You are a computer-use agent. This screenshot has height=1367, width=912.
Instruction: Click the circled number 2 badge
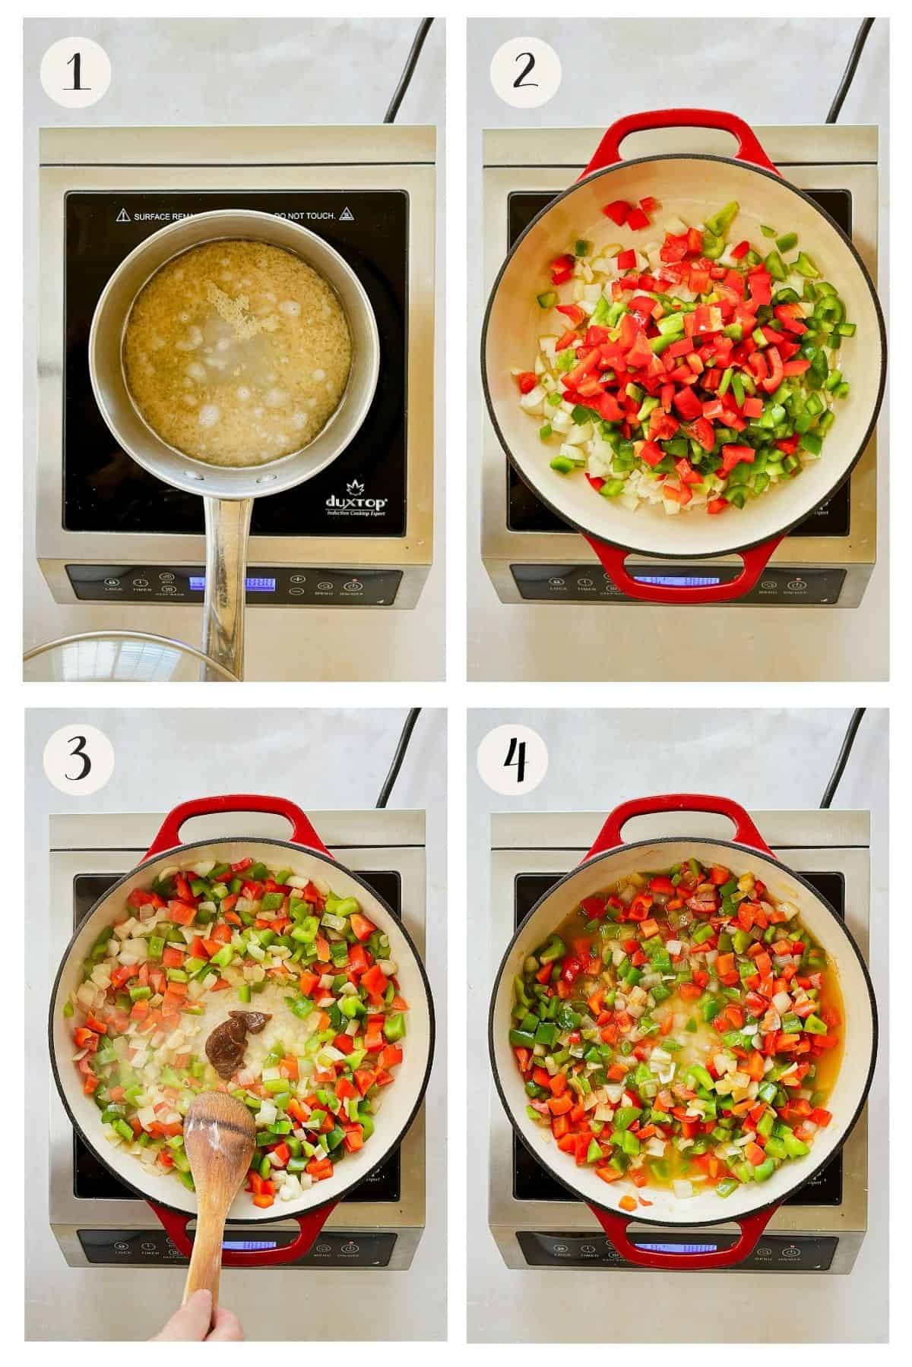(x=524, y=72)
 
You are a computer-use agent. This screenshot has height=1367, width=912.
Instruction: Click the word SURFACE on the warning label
(x=156, y=216)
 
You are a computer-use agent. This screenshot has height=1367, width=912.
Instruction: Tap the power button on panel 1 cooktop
(x=353, y=586)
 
